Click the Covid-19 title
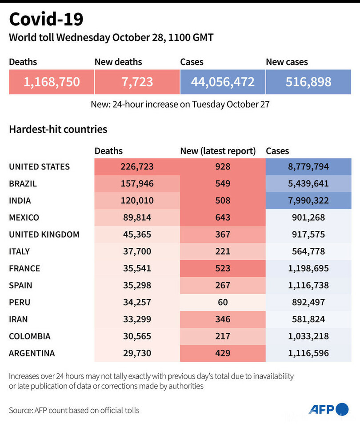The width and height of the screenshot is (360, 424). tap(46, 20)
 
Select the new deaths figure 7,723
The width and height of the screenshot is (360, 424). tap(137, 82)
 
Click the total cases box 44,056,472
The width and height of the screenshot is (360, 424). tap(223, 82)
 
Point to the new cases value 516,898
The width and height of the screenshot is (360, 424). tap(308, 82)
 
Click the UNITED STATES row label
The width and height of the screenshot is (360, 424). tap(39, 167)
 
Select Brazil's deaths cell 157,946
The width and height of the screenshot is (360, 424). tap(137, 184)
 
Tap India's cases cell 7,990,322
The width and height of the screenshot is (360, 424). tap(308, 201)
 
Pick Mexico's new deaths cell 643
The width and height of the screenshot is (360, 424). tap(222, 218)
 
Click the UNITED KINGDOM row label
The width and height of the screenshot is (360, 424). tap(44, 234)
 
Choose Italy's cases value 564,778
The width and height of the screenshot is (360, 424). tap(308, 251)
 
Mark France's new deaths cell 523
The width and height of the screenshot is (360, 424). tap(222, 268)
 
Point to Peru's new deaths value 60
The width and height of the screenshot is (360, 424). tap(222, 302)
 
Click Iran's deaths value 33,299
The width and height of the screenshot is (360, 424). tap(137, 319)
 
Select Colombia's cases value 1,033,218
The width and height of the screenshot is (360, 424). tap(308, 336)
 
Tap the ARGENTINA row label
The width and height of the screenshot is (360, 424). tap(32, 353)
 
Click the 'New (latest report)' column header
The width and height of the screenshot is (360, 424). tap(218, 151)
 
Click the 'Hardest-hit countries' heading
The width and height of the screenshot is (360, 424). tap(58, 129)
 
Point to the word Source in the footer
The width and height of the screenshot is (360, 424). tap(20, 410)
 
